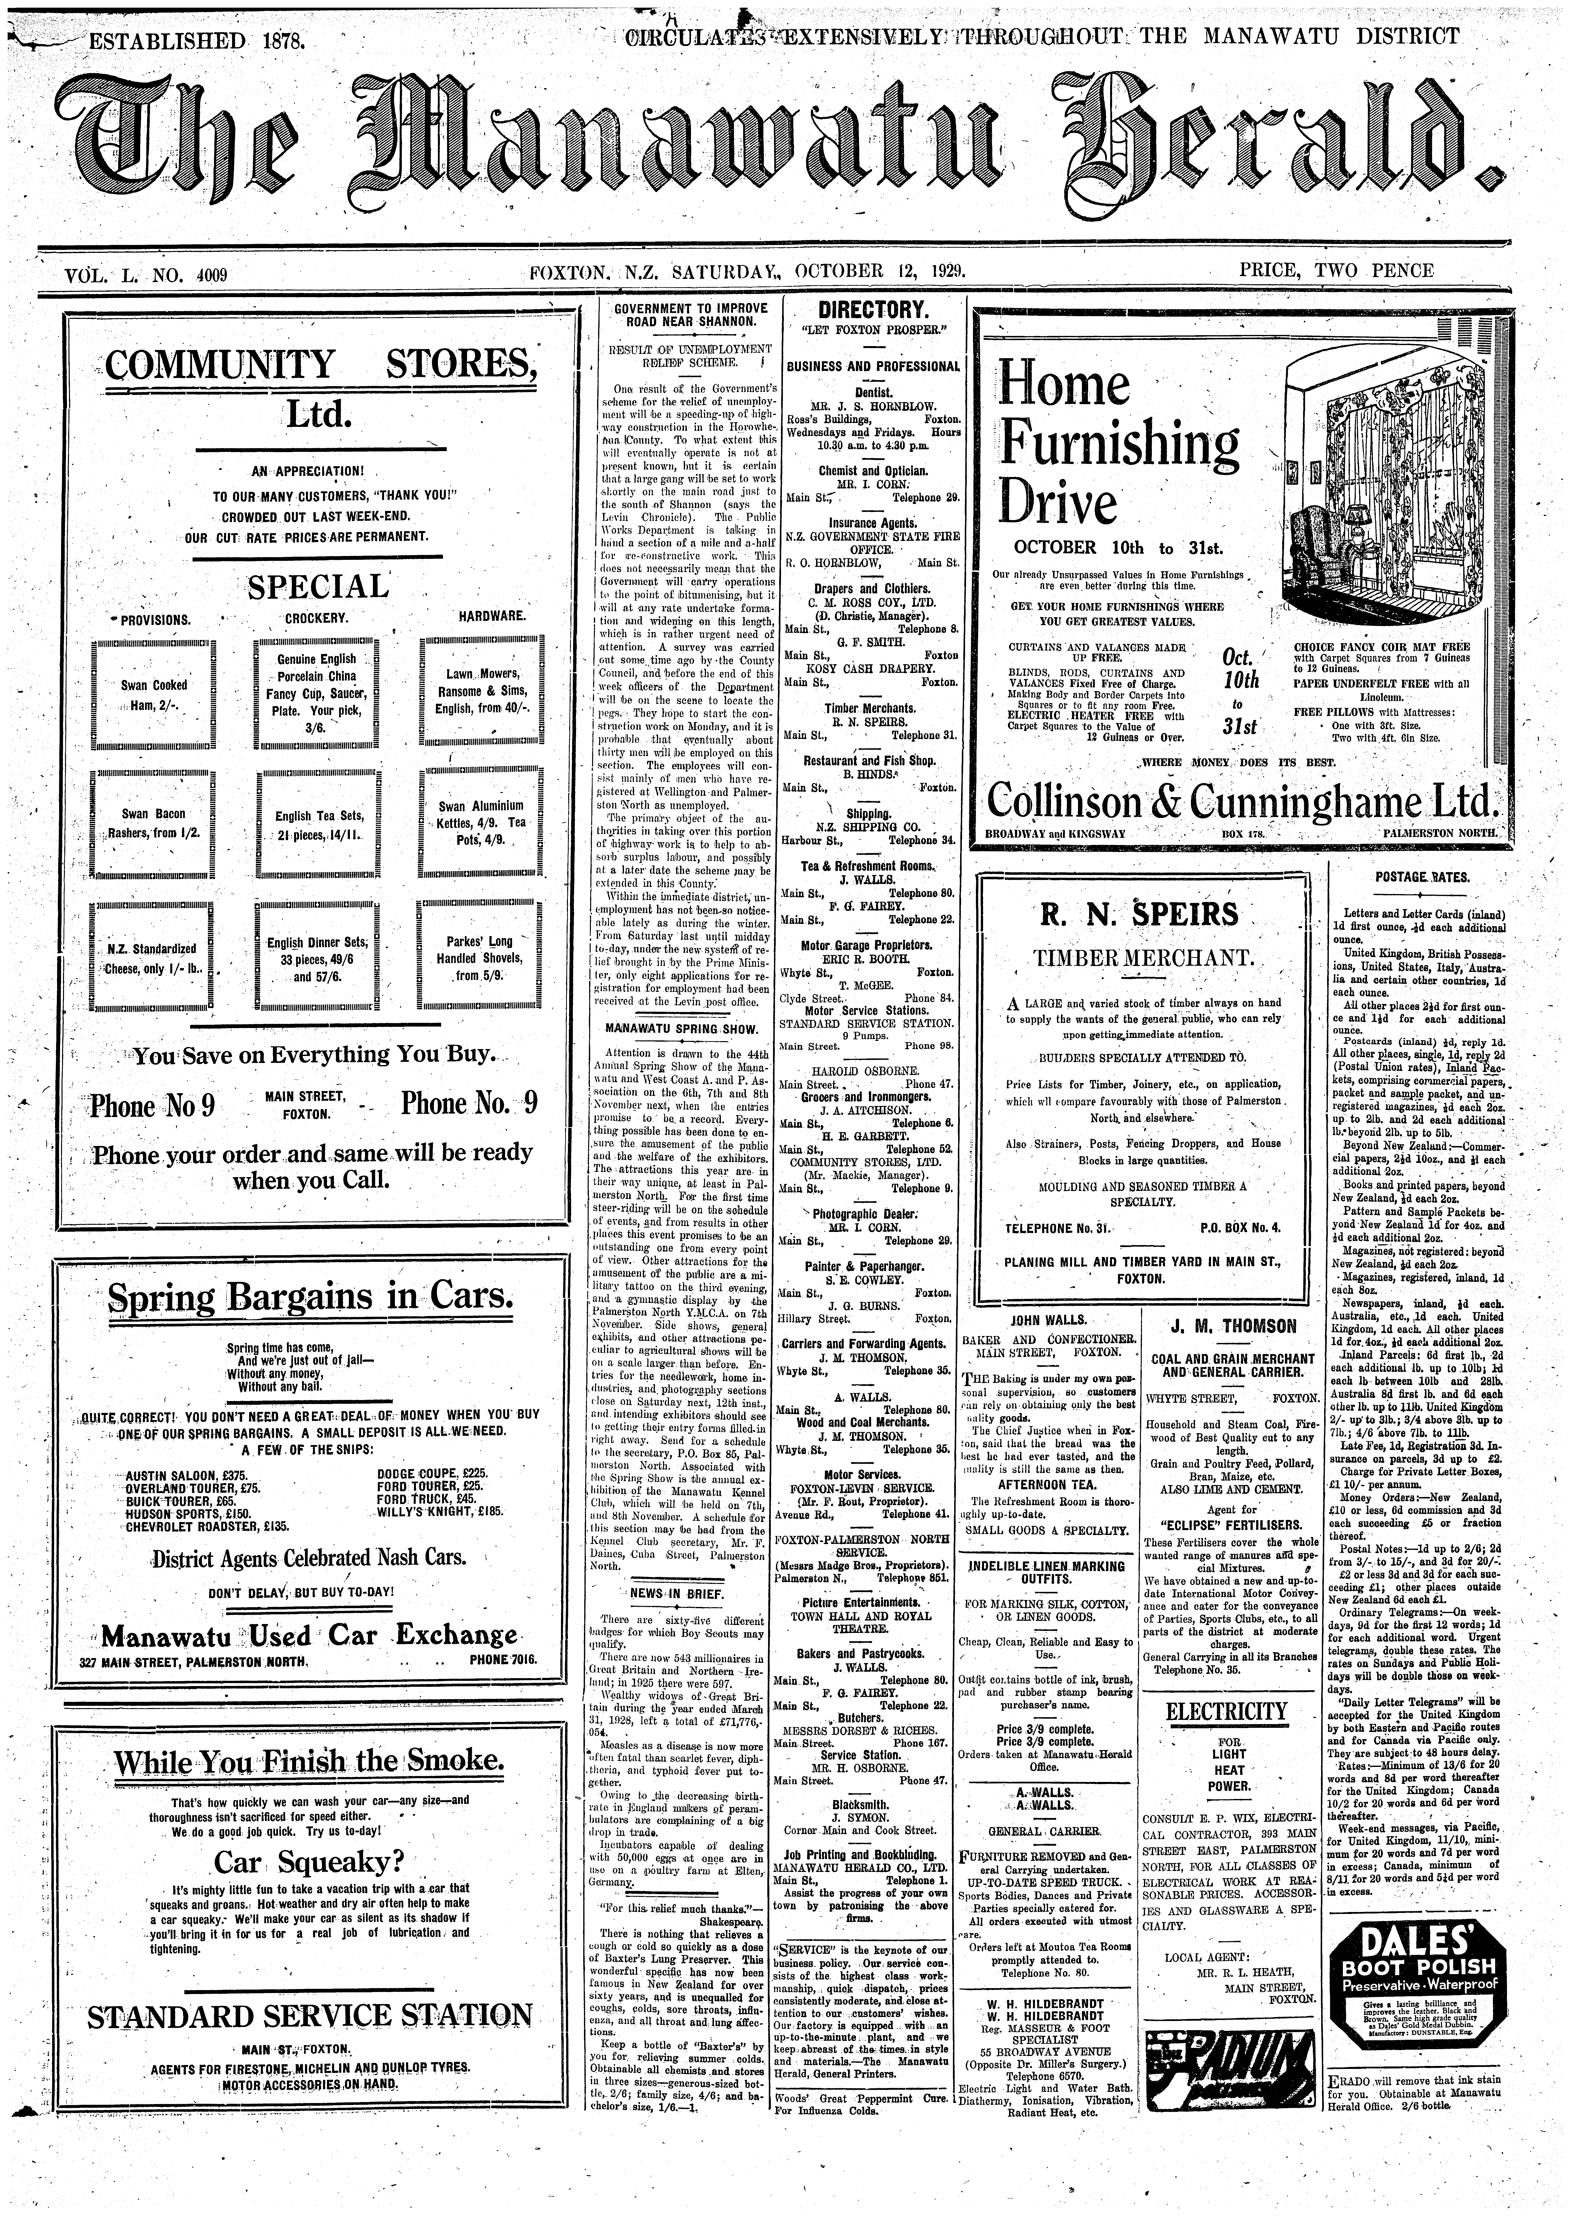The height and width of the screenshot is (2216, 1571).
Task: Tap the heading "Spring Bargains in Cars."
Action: coord(311,1297)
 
